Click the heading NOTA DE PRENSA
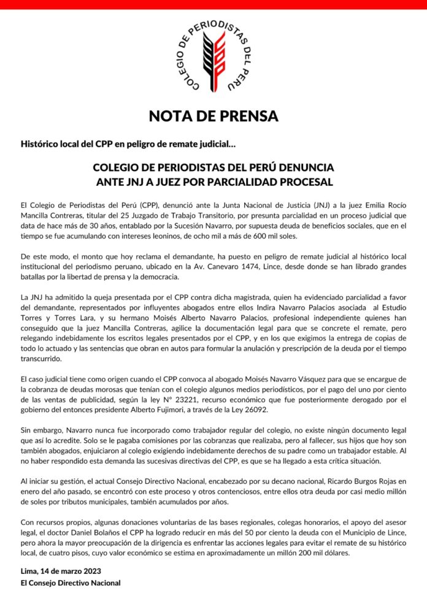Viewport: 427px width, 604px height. [x=213, y=115]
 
